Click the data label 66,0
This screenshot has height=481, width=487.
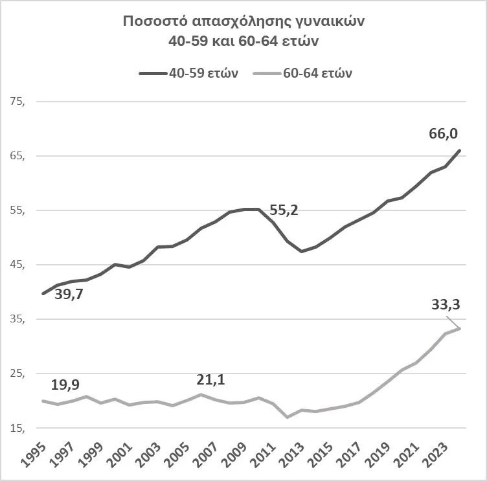point(444,134)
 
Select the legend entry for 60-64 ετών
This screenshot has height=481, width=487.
point(317,73)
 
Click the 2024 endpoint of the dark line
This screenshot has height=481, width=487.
point(460,151)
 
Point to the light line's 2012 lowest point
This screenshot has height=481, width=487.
point(287,417)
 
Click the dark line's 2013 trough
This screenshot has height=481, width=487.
point(302,251)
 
